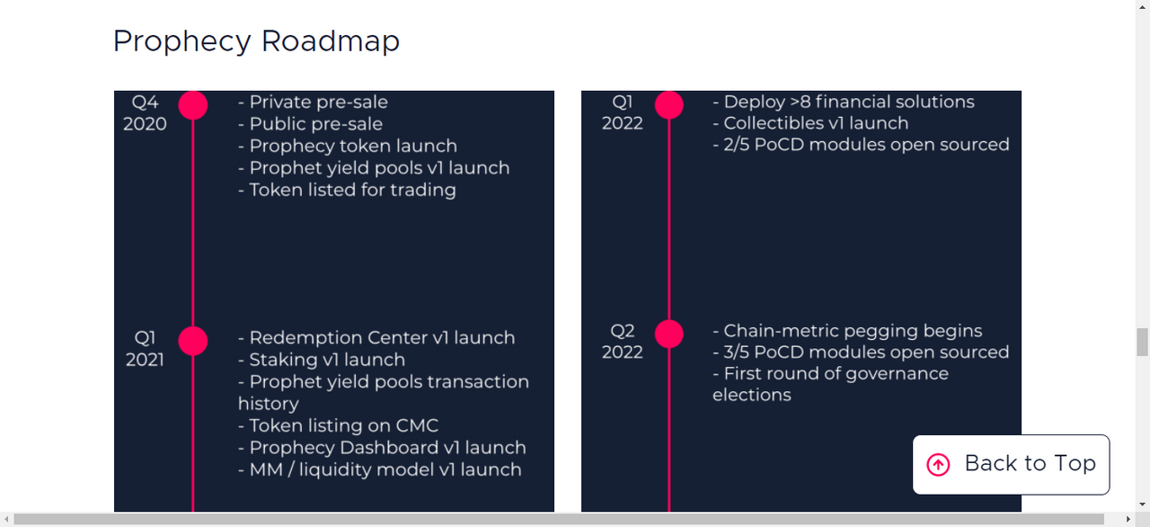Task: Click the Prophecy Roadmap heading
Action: (256, 41)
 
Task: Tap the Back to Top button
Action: (1011, 464)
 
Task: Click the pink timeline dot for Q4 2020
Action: (193, 105)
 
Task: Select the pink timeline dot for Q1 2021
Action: (193, 341)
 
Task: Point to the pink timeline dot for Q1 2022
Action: (669, 105)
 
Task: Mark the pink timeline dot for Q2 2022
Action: (669, 334)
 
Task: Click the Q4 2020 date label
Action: (145, 113)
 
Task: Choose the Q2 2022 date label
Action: (623, 341)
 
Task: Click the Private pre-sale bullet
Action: (313, 103)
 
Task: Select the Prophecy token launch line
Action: (348, 146)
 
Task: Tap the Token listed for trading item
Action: (347, 190)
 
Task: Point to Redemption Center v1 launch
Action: (376, 337)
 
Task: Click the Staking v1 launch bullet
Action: (322, 360)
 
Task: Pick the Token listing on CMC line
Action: (338, 425)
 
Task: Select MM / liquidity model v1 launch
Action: (379, 469)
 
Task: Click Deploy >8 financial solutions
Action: (844, 102)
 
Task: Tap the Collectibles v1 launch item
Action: (810, 123)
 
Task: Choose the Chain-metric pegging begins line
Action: (847, 331)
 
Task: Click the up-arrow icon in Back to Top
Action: (938, 465)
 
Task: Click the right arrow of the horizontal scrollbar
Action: (1128, 519)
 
